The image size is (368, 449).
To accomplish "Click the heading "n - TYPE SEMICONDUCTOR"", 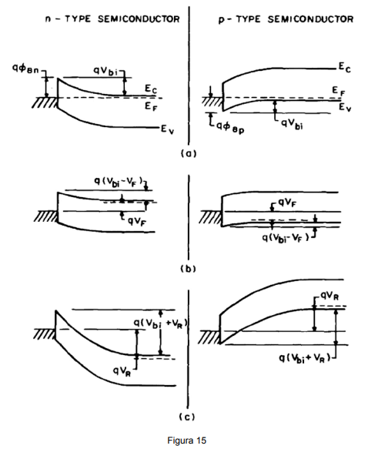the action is pos(112,19).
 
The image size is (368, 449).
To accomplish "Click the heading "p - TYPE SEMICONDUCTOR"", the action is pos(286,19).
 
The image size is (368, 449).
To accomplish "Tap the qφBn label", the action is pos(25,69).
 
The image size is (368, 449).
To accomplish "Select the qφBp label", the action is pos(229,127).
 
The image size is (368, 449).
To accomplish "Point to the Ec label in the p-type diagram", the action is pos(345,68).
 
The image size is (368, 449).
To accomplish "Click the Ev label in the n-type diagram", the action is pos(167,129).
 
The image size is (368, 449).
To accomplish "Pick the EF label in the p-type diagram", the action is pos(339,91).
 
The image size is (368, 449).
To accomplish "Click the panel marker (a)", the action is pos(189,153).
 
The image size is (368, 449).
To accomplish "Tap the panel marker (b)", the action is pos(189,269).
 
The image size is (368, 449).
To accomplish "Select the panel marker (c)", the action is pos(187,417).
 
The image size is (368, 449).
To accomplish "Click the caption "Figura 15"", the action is pos(186,440).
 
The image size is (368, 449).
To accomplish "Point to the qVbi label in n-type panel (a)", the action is pos(105,71).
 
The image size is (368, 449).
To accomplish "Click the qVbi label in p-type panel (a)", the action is pos(293,124).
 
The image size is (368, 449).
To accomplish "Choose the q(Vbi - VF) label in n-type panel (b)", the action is pos(119,181).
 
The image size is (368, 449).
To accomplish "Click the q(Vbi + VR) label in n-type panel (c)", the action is pos(161,323).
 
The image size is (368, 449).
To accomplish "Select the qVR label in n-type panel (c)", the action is pos(122,371).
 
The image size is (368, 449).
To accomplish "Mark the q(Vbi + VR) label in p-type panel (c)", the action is pos(305,358).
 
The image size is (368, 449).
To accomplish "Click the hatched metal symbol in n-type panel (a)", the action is pos(45,102).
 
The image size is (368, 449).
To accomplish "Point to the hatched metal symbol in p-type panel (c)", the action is pos(209,337).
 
